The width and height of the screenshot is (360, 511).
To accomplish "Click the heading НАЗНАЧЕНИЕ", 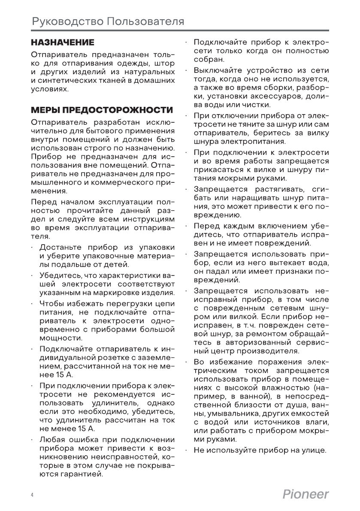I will pos(62,43).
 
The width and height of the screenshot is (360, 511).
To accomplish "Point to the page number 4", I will pos(32,495).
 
